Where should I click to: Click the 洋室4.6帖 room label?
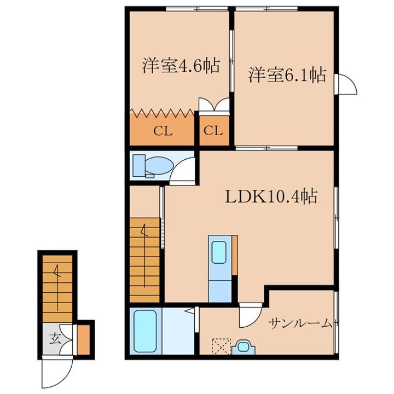pyautogui.click(x=181, y=67)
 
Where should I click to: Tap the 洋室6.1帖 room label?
pyautogui.click(x=288, y=75)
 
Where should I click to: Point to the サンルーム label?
pyautogui.click(x=300, y=323)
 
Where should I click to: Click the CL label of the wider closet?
pyautogui.click(x=163, y=131)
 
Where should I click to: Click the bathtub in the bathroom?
pyautogui.click(x=146, y=332)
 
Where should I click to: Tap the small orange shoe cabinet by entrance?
pyautogui.click(x=83, y=339)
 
